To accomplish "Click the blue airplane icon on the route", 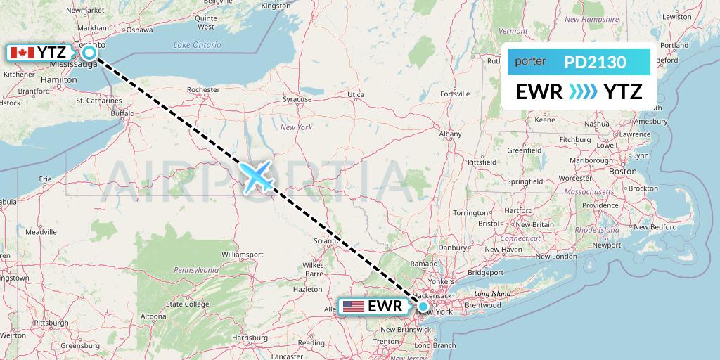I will click(x=257, y=176).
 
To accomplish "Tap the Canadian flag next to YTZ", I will click(x=23, y=52).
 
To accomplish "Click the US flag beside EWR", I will click(x=353, y=307).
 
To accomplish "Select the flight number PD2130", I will click(x=595, y=62).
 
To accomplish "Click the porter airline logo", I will click(x=531, y=62).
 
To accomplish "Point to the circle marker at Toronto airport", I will click(x=89, y=52).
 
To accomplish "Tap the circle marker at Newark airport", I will click(x=423, y=307).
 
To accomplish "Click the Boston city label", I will click(x=623, y=172).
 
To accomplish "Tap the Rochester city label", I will click(x=203, y=90).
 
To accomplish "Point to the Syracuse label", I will click(x=297, y=100).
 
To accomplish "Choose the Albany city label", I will click(x=450, y=134).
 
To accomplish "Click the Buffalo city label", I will click(x=122, y=112).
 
